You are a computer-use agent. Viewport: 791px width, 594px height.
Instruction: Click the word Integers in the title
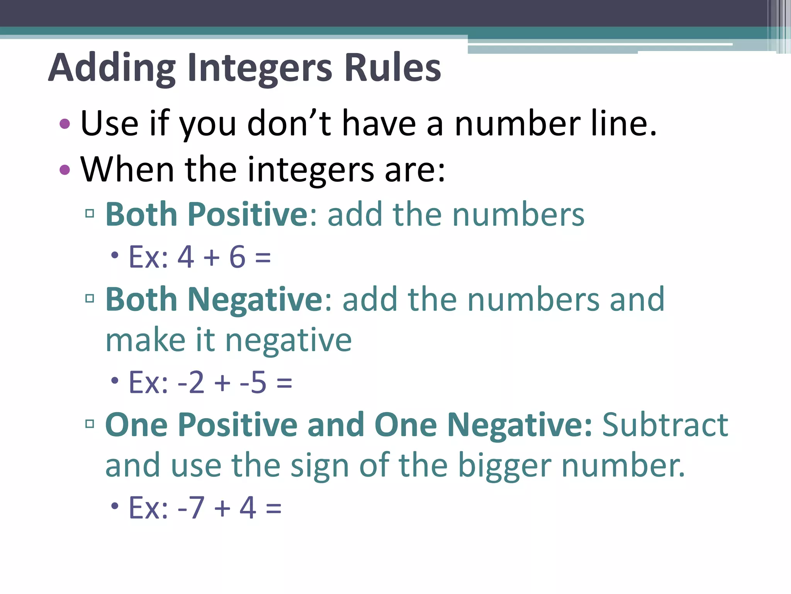point(260,69)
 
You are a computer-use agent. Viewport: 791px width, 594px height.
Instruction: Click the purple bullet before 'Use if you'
point(65,124)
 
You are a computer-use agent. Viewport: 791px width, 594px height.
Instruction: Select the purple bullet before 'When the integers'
point(65,169)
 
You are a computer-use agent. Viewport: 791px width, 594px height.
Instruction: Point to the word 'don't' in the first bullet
point(289,124)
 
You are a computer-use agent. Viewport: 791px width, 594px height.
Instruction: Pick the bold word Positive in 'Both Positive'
point(248,215)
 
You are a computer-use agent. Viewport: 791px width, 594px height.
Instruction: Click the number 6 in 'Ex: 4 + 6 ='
point(237,257)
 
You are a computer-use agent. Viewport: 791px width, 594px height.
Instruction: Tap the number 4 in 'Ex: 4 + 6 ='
point(185,257)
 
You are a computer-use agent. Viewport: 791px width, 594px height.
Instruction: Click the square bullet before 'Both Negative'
point(90,298)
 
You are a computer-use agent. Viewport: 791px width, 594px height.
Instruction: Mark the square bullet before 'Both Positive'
point(90,213)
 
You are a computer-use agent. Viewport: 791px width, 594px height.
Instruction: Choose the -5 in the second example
point(253,382)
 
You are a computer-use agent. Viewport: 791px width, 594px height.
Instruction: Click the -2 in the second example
point(191,382)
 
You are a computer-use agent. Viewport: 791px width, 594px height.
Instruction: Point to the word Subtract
point(665,425)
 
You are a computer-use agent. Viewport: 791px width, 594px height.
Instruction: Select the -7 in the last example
point(191,508)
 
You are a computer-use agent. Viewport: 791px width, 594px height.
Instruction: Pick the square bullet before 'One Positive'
point(90,424)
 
